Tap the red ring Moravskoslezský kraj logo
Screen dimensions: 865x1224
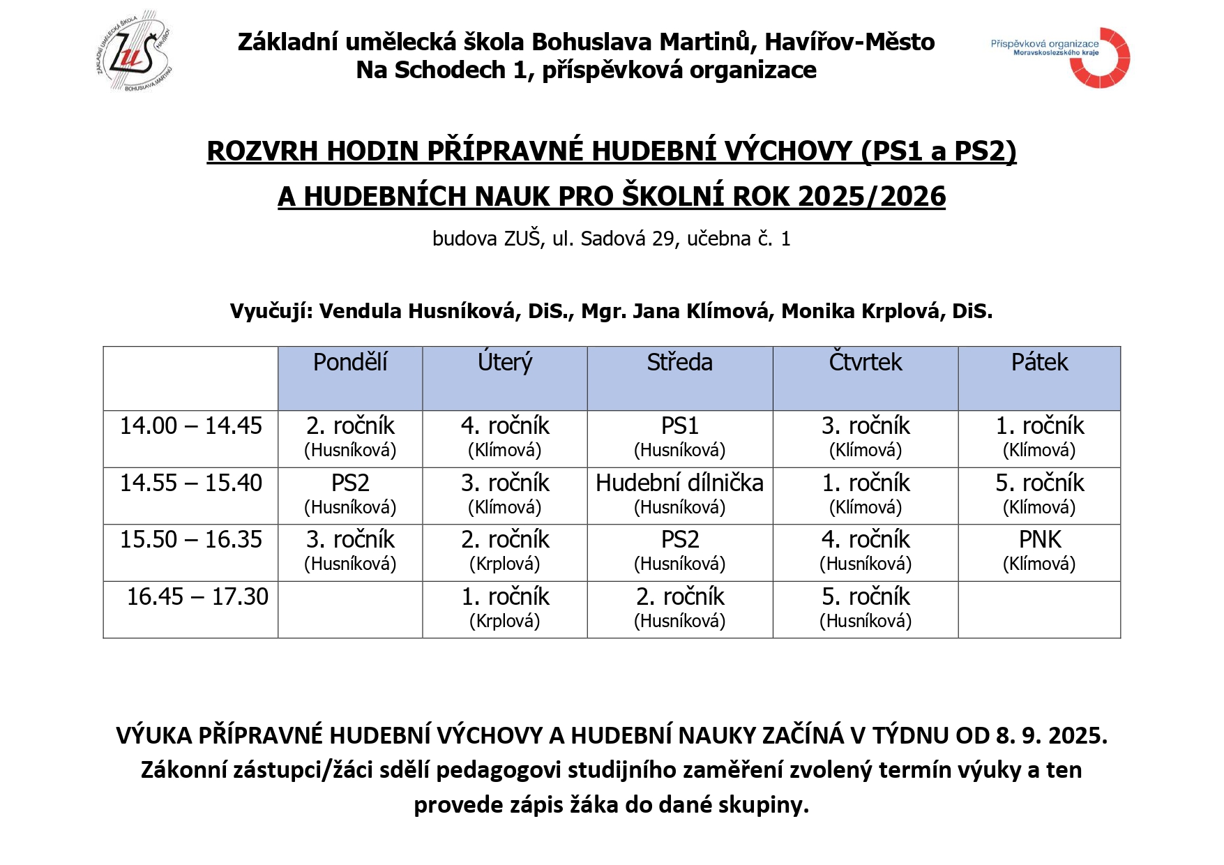(1099, 58)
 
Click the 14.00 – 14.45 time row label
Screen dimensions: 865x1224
(190, 426)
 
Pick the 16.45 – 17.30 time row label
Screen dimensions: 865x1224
(197, 597)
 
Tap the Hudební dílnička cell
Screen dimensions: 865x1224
(679, 494)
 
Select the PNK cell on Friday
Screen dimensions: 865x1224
(1039, 550)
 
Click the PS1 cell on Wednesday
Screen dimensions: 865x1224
(679, 437)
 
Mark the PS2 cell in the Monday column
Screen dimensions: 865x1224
(350, 494)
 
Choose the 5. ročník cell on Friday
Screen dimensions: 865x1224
(1039, 494)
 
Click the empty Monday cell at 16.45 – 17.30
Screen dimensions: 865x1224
(350, 609)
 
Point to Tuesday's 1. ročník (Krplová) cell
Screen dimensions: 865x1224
(505, 608)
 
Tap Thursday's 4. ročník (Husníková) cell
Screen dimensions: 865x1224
(865, 550)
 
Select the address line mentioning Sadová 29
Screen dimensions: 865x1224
(611, 239)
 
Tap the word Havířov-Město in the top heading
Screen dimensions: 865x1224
(849, 43)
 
